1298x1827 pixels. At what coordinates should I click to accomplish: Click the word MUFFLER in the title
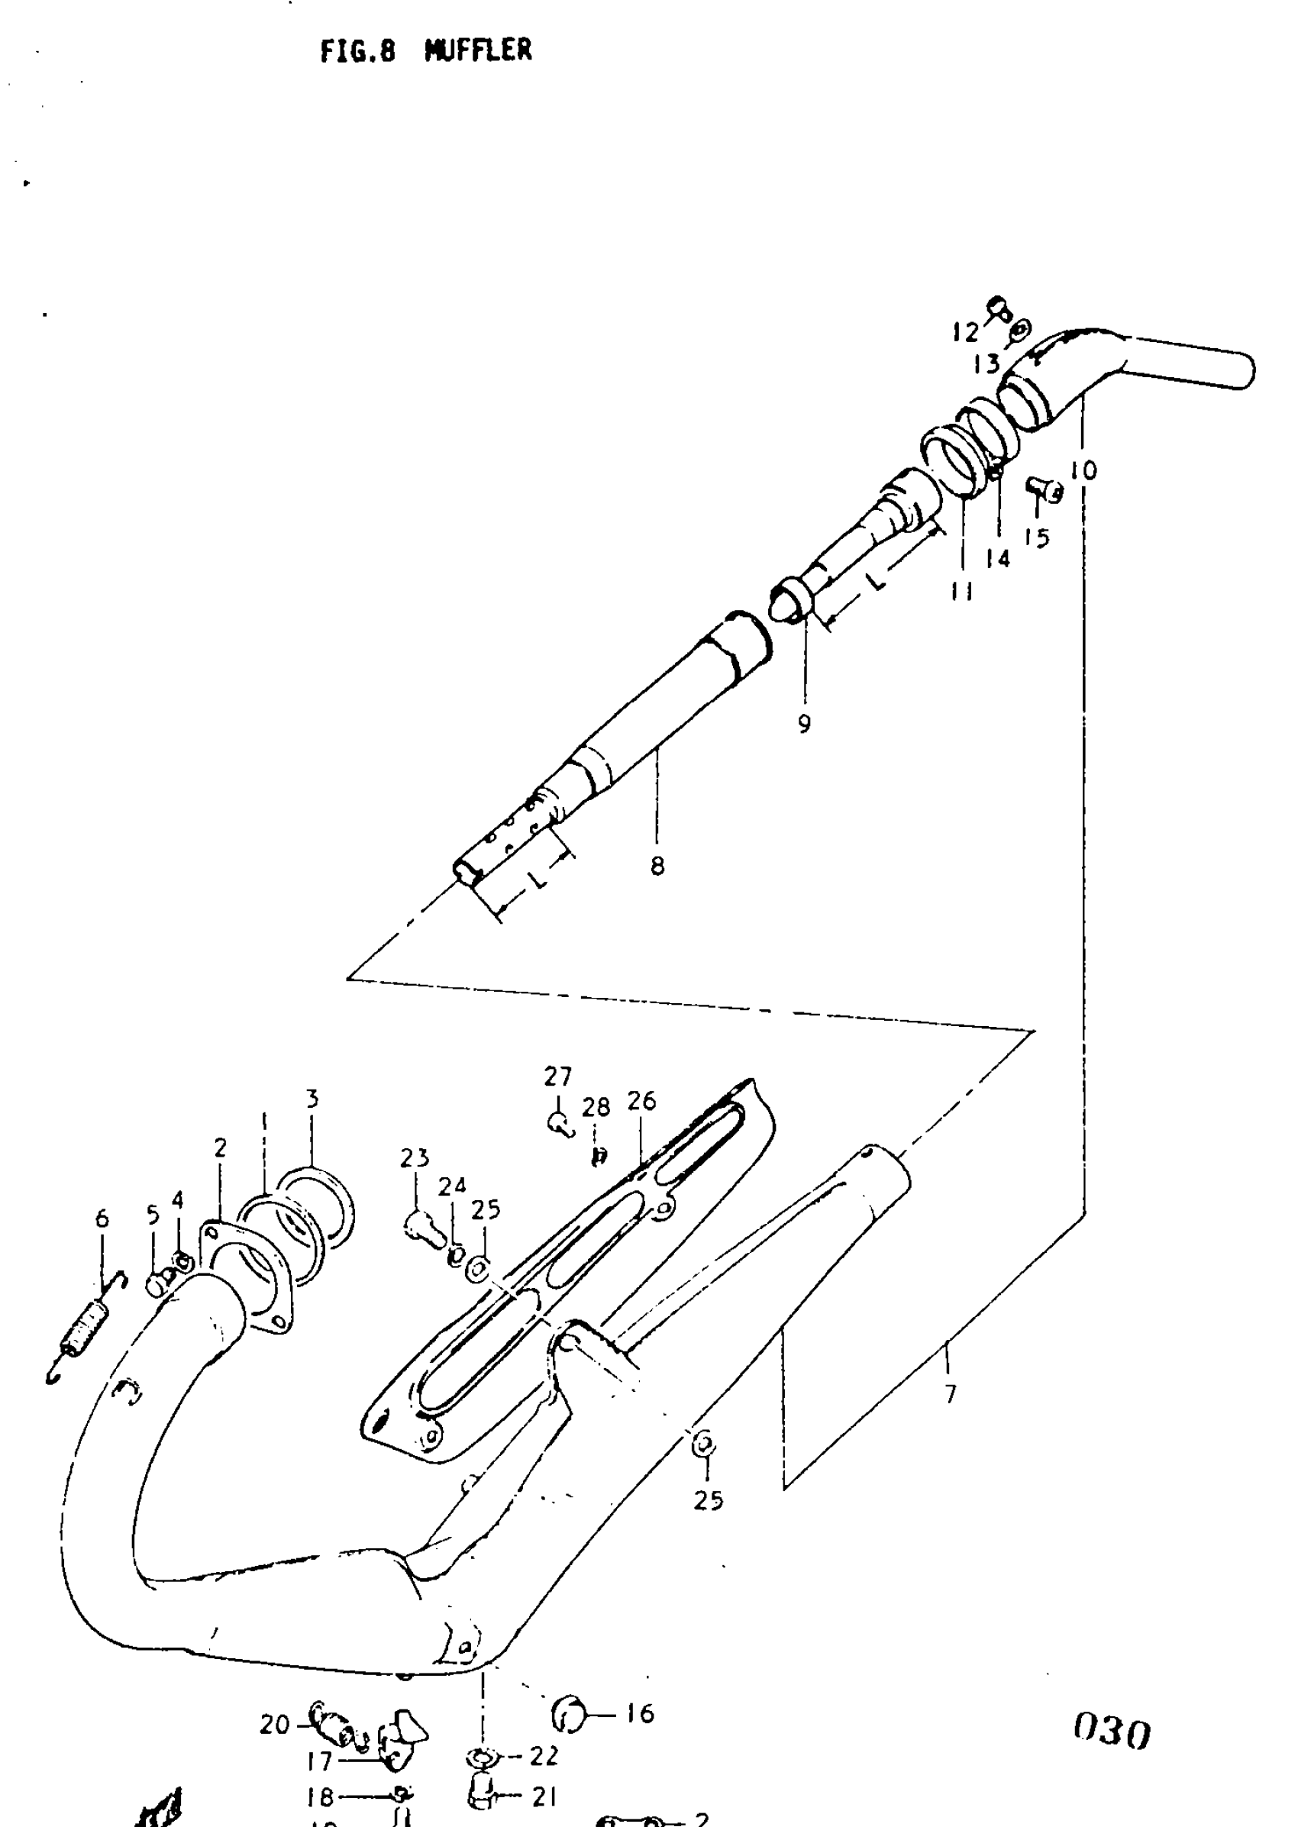click(x=478, y=51)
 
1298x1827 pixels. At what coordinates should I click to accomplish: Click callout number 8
click(x=657, y=866)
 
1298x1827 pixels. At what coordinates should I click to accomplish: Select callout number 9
click(x=804, y=723)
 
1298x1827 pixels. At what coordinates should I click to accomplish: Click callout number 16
click(x=639, y=1713)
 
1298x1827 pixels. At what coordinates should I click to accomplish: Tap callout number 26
click(x=641, y=1101)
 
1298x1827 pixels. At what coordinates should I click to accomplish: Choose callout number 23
click(x=414, y=1158)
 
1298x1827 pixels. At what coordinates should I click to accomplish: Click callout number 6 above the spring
click(x=102, y=1219)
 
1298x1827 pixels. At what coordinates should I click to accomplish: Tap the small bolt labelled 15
click(x=1044, y=488)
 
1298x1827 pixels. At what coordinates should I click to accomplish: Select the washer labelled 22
click(x=482, y=1756)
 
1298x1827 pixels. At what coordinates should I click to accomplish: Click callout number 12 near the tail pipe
click(x=966, y=331)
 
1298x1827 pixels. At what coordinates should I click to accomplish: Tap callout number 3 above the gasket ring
click(x=312, y=1099)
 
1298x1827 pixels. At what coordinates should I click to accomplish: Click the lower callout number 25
click(x=708, y=1500)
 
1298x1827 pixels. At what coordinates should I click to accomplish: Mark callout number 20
click(x=273, y=1725)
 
